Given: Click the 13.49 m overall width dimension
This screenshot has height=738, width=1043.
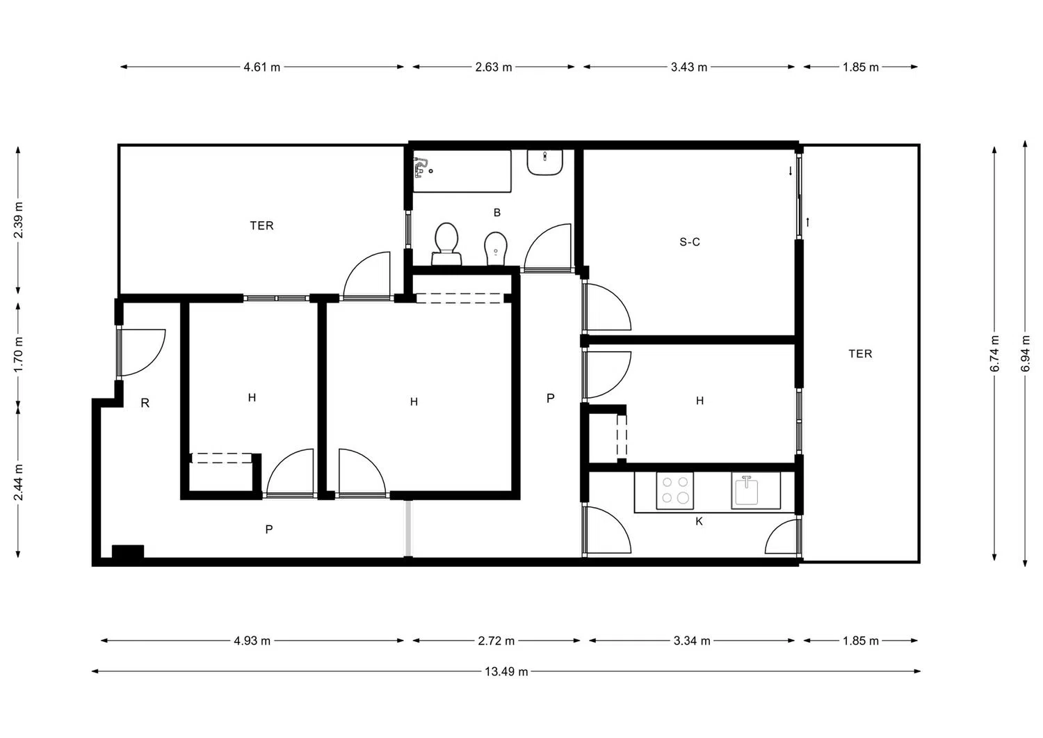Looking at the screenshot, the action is click(x=506, y=671).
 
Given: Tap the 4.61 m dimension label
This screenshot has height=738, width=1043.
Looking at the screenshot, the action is click(x=261, y=67).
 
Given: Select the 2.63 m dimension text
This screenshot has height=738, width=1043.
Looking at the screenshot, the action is click(x=494, y=67).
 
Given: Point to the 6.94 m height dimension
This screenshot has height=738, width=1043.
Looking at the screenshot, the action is click(x=1026, y=353).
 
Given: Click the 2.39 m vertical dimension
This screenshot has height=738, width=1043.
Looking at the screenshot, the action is click(x=18, y=220).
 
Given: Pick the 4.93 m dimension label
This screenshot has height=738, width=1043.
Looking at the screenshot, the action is click(x=252, y=641).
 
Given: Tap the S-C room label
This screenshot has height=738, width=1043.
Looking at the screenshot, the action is click(x=690, y=242).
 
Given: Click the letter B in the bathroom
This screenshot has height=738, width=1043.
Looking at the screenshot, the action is click(x=497, y=212).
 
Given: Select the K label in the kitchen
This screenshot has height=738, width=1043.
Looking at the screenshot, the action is click(x=699, y=522).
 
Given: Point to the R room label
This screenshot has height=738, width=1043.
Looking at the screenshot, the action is click(x=145, y=403).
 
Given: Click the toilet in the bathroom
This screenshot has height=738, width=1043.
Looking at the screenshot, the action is click(x=446, y=244).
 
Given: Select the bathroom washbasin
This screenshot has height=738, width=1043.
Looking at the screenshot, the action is click(x=544, y=162).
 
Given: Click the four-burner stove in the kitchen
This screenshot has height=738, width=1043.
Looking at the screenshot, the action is click(x=674, y=490).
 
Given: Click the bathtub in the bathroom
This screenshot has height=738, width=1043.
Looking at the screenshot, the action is click(x=462, y=171).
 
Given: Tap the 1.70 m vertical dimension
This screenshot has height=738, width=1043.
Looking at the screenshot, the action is click(x=18, y=355).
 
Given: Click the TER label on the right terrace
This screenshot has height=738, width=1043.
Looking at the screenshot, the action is click(x=860, y=353).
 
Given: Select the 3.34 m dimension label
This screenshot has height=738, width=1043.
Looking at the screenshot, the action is click(x=692, y=641).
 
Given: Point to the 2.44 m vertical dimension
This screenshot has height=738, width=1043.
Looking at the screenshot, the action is click(x=18, y=482).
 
